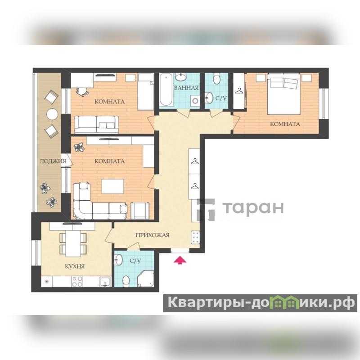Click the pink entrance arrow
click(x=180, y=261)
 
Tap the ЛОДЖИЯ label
click(x=53, y=161)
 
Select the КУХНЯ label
click(x=75, y=266)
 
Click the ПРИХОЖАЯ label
click(x=153, y=235)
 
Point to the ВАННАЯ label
click(x=186, y=88)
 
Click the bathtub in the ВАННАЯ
click(x=166, y=90)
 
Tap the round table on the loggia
click(x=53, y=114)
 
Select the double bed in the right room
click(x=284, y=94)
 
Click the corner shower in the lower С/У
click(x=145, y=279)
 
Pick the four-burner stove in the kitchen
click(x=77, y=282)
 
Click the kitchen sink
click(x=105, y=282)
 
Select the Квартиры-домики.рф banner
click(x=260, y=303)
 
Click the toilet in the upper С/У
click(x=217, y=79)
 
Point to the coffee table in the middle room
click(x=113, y=186)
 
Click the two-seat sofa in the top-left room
click(x=97, y=125)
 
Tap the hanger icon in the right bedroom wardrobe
click(x=239, y=91)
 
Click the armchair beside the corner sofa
click(x=140, y=211)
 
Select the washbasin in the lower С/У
click(x=119, y=260)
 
